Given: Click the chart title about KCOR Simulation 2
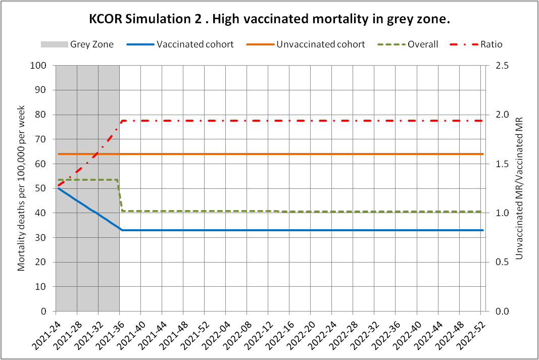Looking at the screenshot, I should [x=269, y=20].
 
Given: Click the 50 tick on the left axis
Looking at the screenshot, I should [x=47, y=188].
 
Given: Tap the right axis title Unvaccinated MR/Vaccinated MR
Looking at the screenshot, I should [x=519, y=188].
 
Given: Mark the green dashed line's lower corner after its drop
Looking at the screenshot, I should [x=122, y=211].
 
